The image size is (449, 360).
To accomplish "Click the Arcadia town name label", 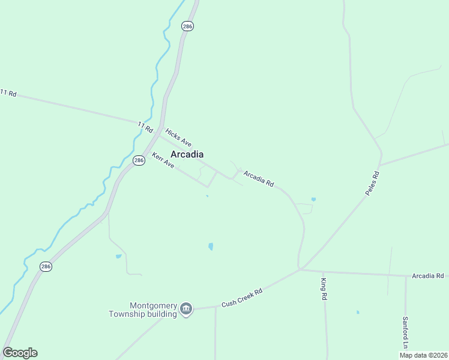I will coord(187,154).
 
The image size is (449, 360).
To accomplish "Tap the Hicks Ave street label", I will coord(178,137).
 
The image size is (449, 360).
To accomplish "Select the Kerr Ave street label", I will coord(163,160).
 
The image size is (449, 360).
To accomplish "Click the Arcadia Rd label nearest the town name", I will coord(259,179).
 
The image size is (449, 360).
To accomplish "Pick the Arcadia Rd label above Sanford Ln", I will coord(430,275).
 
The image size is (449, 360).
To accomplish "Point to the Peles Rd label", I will coord(373,183).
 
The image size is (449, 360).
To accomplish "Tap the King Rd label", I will coord(324,289).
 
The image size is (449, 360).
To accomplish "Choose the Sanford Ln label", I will coord(405,332).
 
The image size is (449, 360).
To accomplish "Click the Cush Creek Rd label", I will coord(242,298).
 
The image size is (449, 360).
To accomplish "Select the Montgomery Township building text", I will coord(143,309).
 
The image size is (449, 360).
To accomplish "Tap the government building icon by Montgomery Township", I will coord(186,310).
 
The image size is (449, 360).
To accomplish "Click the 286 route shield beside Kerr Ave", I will coord(139,161).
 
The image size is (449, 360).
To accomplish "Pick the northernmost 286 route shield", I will coord(188,26).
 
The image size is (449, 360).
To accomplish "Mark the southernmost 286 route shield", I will coord(46,266).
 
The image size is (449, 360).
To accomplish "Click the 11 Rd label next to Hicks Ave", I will coord(145,127).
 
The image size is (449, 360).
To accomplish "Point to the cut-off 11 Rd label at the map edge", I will coord(8,93).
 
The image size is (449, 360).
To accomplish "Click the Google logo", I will coord(20,353).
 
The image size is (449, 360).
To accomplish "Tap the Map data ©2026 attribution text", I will coord(423,355).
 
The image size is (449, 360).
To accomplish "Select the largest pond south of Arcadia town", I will coord(210,246).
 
